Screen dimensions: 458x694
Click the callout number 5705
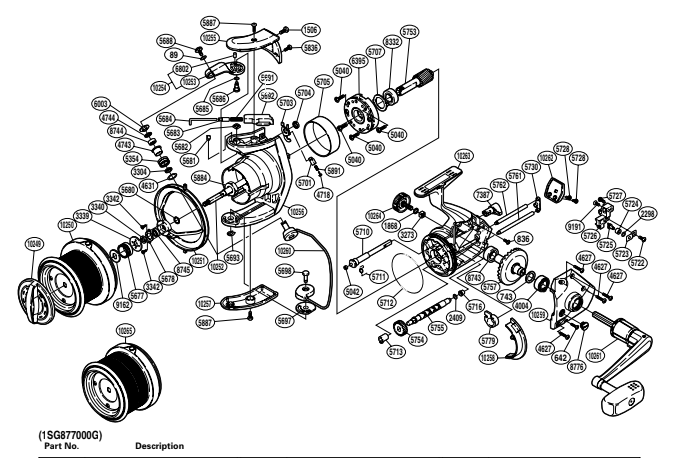323,83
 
